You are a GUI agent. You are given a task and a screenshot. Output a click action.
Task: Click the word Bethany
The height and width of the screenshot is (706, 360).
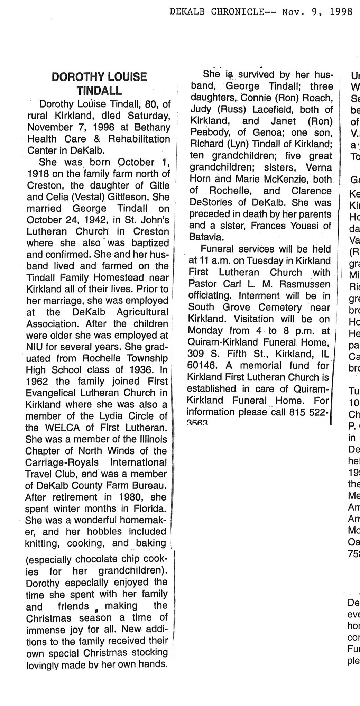pos(151,127)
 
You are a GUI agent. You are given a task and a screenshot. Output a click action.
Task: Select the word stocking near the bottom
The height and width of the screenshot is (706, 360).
pos(147,653)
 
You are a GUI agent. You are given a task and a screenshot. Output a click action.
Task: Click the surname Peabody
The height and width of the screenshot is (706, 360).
pos(206,133)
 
